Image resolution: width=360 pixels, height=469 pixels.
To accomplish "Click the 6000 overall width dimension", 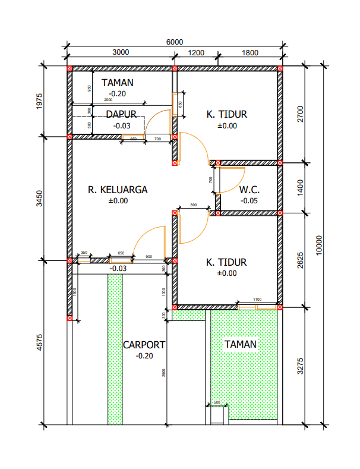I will coord(174,42).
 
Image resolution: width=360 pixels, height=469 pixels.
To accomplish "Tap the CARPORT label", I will coord(144,345).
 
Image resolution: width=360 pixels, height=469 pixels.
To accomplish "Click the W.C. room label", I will coord(250,190).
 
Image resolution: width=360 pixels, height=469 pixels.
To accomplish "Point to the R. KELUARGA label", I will coord(118,190).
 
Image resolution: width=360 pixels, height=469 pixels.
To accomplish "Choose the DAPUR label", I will coord(121,114).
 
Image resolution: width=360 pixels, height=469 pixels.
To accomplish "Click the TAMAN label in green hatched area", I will coord(240,344).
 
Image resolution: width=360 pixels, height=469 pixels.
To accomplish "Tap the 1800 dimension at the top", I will coord(250,52).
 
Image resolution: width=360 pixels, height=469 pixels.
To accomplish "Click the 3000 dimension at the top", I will coord(121,52).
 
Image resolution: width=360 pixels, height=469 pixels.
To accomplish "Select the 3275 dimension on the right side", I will coord(300,366).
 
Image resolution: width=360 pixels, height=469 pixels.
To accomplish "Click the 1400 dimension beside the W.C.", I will coord(300,187).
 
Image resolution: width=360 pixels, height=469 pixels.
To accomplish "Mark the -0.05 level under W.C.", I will coord(250,201).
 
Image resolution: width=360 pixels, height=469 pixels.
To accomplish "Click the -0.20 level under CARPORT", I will coord(144,356).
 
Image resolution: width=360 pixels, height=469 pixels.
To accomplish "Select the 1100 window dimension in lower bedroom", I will coord(257,300).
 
